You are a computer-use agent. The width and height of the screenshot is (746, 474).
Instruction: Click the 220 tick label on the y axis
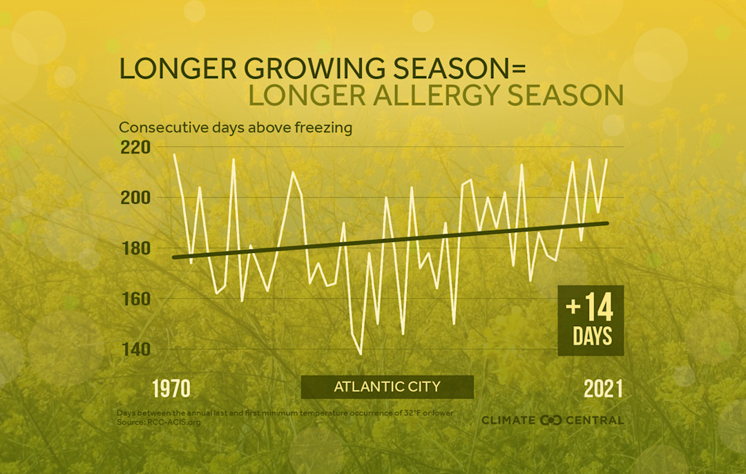click(x=135, y=148)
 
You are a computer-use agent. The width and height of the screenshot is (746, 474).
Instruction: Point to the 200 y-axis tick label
click(x=135, y=198)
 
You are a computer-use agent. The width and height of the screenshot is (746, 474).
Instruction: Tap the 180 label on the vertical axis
click(x=135, y=249)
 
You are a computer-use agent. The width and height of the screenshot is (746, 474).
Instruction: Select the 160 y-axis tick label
click(x=135, y=299)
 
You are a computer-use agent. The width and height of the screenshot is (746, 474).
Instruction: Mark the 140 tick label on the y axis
click(x=135, y=350)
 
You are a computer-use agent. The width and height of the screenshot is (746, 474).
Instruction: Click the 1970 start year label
click(x=171, y=389)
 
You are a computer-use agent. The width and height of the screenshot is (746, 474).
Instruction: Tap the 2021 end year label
click(x=603, y=389)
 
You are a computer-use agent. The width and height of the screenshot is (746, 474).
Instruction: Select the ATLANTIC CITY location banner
click(x=387, y=387)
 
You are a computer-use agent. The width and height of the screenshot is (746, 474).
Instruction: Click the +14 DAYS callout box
click(x=591, y=321)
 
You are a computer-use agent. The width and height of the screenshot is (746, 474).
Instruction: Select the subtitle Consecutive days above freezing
click(x=236, y=128)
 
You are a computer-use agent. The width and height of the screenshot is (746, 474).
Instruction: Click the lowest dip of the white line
click(x=360, y=354)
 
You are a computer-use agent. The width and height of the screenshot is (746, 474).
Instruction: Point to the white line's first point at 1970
click(x=174, y=155)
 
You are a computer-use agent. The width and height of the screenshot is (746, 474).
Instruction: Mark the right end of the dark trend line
click(x=608, y=222)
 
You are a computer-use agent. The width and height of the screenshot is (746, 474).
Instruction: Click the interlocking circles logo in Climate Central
click(x=551, y=420)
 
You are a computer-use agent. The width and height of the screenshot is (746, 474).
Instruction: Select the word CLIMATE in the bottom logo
click(x=509, y=420)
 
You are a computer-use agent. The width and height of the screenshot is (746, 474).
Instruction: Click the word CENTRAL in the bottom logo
click(x=595, y=420)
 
